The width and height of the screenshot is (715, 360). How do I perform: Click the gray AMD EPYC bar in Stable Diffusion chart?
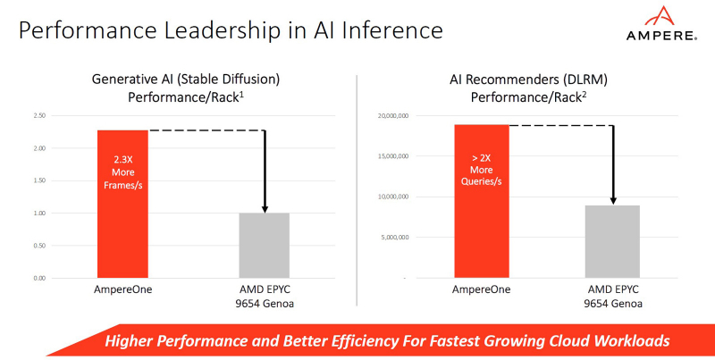tap(265, 245)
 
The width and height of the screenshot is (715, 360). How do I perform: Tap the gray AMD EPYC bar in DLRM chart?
tap(613, 241)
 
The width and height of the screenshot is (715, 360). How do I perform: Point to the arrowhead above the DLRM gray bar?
tap(613, 199)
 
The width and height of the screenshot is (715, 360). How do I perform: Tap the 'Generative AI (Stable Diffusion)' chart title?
tap(186, 80)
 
